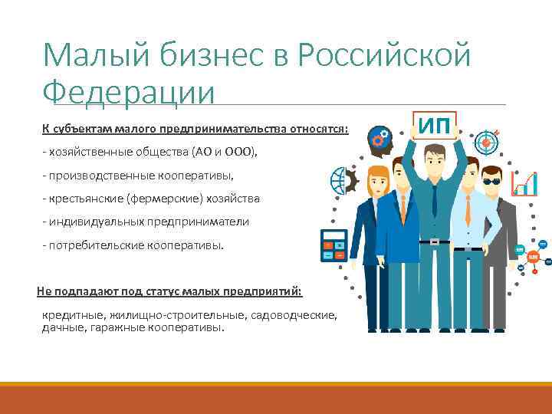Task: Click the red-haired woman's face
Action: click(x=379, y=185)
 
